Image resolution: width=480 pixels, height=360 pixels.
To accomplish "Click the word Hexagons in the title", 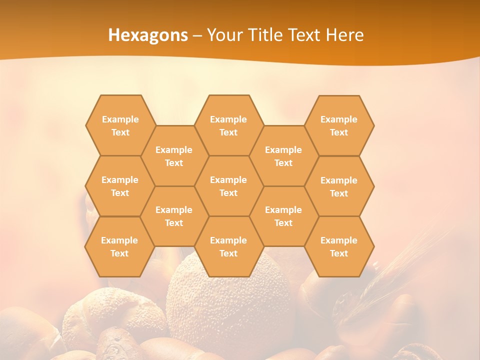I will point(148,35).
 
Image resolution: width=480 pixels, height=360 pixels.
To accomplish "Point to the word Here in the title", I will point(344,35).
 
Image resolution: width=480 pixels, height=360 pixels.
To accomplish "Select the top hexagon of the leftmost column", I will point(120,125).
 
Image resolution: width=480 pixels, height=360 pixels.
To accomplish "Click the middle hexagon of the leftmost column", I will point(120,186).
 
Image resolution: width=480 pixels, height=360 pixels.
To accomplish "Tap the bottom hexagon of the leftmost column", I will point(119,246).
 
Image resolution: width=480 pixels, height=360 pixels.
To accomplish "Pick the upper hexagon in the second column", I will point(174,156).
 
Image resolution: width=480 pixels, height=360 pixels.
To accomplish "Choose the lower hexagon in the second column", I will point(174,216).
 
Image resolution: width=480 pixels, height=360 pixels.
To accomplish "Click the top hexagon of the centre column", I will point(228,125).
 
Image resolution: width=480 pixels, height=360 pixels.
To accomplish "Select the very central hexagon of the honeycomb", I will point(228,186).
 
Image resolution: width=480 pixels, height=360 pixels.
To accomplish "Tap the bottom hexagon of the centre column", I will point(228,246).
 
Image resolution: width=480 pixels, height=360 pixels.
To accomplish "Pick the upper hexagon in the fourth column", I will point(283,156).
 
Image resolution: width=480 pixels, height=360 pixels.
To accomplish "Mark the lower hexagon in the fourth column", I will point(283,216).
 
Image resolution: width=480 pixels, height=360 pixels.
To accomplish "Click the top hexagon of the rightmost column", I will point(339,125).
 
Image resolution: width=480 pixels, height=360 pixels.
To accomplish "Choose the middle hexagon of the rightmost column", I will point(339,186).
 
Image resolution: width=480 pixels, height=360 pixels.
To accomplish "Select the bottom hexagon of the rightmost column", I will point(339,246).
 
